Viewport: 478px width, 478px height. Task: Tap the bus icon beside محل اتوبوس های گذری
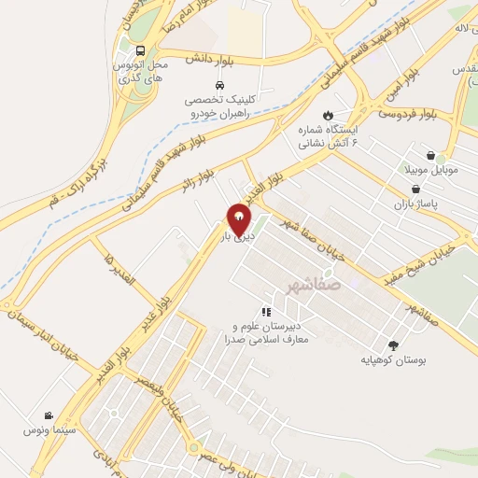pyautogui.click(x=140, y=50)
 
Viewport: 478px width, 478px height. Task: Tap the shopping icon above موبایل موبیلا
pyautogui.click(x=430, y=156)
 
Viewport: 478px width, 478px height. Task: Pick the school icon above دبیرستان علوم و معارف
pyautogui.click(x=266, y=312)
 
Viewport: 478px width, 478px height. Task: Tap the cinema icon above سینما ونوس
pyautogui.click(x=48, y=415)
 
